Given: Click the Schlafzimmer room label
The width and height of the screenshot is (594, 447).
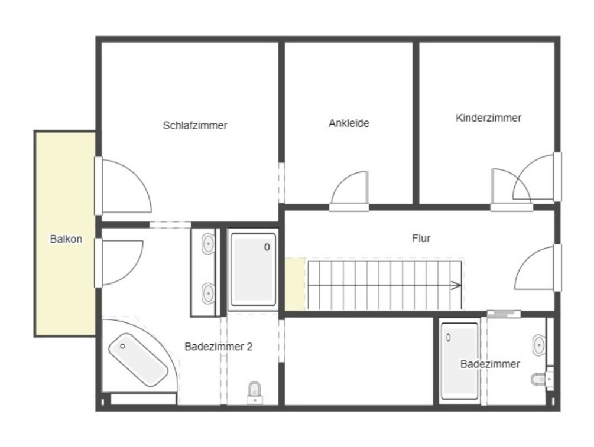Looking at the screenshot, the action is pos(194,125).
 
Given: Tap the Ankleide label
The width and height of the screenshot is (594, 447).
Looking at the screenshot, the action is pos(349,123).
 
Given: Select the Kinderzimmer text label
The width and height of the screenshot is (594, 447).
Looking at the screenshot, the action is pos(488,118).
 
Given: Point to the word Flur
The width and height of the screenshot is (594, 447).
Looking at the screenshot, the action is pos(421,238).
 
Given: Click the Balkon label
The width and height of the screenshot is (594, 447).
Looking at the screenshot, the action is pos(66,239).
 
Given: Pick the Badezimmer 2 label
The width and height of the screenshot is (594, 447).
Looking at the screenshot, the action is pos(218,346).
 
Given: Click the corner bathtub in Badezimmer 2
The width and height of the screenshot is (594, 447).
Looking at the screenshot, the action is pos(138,360).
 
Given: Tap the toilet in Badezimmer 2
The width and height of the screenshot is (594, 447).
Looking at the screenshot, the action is pos(255,393).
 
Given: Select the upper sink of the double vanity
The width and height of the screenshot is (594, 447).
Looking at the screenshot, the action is pos(208,243).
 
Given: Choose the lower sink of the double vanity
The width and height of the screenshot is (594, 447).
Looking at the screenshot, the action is pos(208,293).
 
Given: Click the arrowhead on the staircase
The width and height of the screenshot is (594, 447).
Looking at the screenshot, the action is pos(456,285).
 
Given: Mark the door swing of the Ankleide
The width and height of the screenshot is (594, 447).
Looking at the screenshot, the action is pos(349,188).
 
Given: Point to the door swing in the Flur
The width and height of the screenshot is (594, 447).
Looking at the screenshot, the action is pos(534,268).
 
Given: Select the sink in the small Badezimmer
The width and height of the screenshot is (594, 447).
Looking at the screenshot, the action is pos(538,344).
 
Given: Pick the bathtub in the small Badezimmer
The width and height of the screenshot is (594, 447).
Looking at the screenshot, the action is pos(459,361).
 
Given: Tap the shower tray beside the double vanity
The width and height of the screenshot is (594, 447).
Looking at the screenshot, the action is pos(253,269).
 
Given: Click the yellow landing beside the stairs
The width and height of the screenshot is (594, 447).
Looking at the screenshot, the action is pos(295,284).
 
